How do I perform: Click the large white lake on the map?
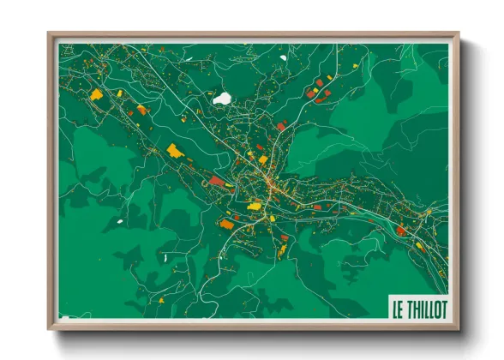[223, 99]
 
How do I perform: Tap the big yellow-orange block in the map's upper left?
[97, 94]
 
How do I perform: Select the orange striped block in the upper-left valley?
[141, 110]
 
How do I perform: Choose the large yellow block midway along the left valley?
[175, 152]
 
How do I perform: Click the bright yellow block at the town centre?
[254, 205]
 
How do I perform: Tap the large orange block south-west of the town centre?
[226, 225]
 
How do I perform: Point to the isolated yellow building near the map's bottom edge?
[283, 250]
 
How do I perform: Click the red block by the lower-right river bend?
[401, 230]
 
